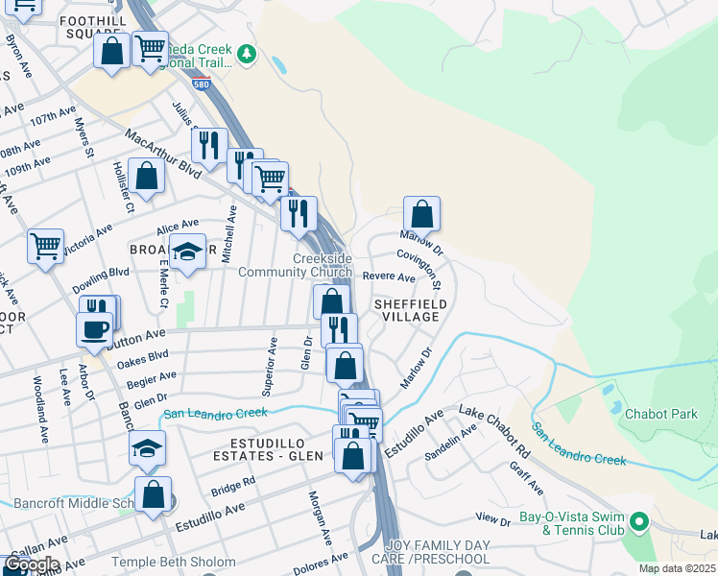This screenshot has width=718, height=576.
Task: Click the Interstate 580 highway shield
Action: coord(201,84)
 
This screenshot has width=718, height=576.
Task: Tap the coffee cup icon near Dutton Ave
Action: coord(94,328)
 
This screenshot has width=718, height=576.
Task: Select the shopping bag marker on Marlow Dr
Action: coord(421,213)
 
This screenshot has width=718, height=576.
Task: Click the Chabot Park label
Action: coord(660,414)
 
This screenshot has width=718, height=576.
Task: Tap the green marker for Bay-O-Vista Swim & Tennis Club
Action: coord(639,523)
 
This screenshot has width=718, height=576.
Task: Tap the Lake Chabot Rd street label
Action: coord(494,428)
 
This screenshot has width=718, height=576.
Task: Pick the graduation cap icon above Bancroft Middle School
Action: coord(147,447)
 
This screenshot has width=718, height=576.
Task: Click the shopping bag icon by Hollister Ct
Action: coord(146,177)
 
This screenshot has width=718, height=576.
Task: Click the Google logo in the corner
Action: coord(31,564)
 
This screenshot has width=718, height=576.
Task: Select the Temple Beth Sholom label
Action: coord(174,562)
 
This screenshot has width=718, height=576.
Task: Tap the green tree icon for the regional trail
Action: coord(248,54)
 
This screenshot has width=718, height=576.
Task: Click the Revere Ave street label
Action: coord(389,277)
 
